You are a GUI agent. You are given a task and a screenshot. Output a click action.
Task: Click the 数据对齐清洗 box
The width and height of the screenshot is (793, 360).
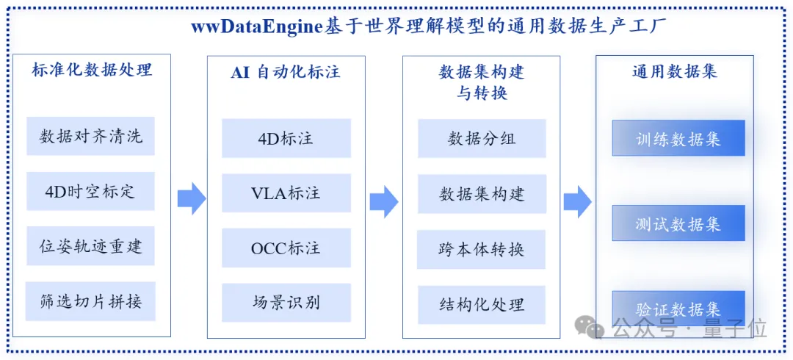coord(90,136)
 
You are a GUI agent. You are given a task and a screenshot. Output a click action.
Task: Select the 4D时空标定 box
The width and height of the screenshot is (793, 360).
coord(90,192)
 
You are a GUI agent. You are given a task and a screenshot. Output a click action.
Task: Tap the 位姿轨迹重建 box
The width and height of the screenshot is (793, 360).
coord(90,246)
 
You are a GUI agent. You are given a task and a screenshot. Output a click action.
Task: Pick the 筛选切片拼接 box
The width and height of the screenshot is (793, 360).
coord(90,301)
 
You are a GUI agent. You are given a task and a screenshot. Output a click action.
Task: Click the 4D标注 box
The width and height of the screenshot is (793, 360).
coord(286,138)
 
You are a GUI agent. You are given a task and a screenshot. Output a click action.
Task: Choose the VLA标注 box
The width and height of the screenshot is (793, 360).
coord(286,193)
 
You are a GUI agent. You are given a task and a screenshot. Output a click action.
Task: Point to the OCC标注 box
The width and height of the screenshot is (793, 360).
coord(286,248)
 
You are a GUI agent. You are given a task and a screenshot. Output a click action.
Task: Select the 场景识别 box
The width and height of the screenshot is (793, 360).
coord(286,303)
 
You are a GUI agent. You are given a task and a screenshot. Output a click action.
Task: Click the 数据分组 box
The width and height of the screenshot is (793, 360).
coord(482,139)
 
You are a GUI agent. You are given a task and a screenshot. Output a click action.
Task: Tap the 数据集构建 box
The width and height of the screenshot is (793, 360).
coord(482,194)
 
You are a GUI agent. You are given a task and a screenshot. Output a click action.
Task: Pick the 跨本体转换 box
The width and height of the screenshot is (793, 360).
coord(482,250)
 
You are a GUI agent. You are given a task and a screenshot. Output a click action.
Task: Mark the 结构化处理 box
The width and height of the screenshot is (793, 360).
coord(482,305)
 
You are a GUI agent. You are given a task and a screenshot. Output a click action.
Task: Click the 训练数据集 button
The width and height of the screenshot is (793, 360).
coord(678,137)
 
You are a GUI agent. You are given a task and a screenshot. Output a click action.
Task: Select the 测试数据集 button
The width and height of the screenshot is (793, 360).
coord(678,223)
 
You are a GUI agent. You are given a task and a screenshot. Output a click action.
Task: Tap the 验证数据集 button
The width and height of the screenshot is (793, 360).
coord(678,309)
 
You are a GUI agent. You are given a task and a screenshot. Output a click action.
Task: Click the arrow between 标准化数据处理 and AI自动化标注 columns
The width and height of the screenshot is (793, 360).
coord(192,198)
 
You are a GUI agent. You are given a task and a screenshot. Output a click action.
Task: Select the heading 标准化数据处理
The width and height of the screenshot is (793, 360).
coord(92,69)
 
